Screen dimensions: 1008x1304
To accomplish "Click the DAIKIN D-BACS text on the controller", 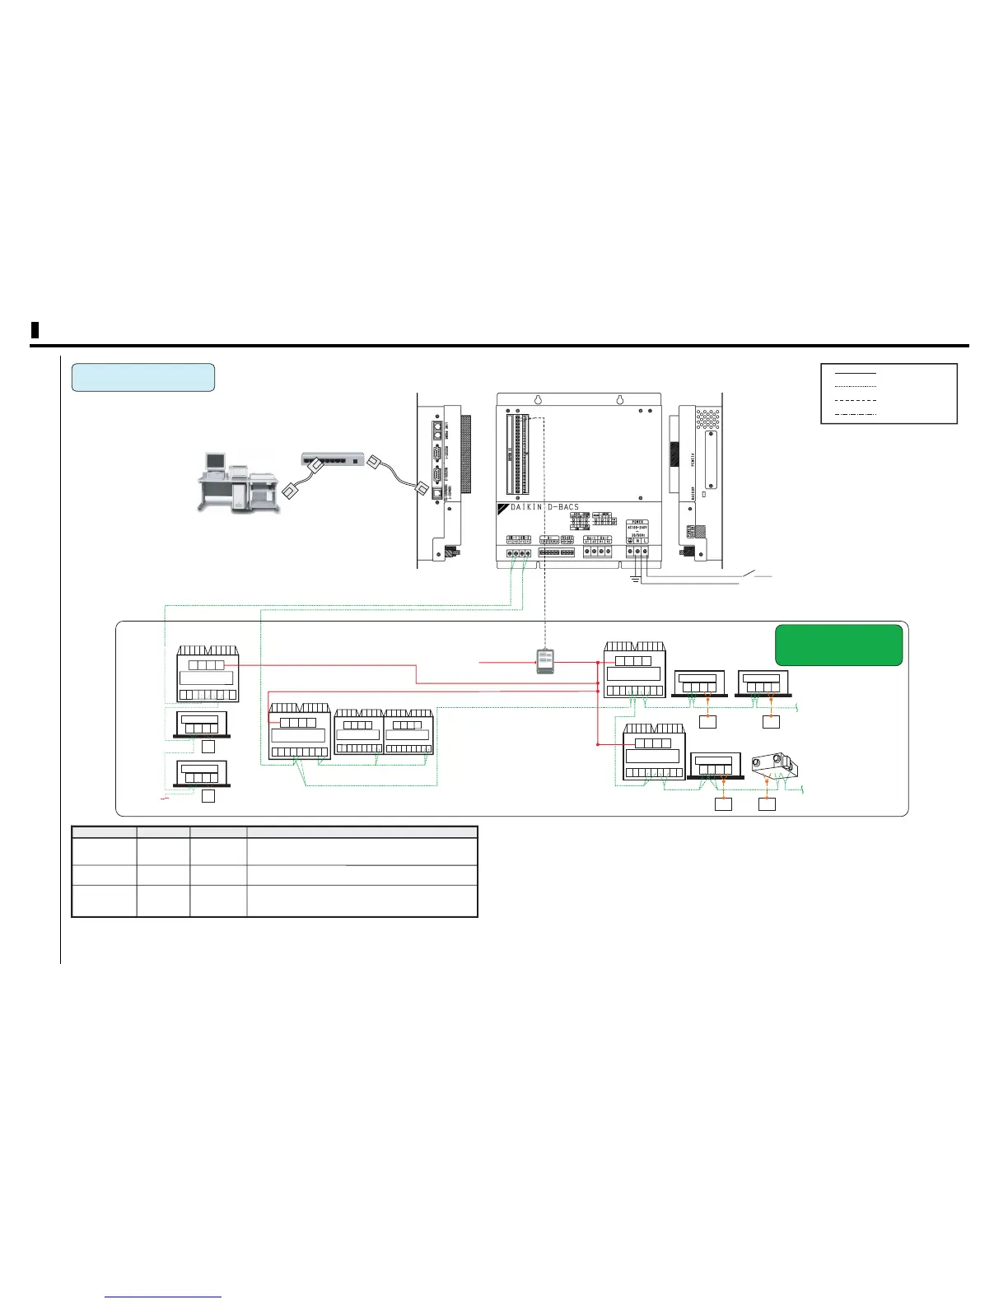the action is [544, 507].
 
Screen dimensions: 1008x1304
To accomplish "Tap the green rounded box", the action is [838, 645].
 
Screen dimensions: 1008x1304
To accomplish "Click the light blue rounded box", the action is [143, 377].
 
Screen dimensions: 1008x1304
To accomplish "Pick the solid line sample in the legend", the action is [856, 373].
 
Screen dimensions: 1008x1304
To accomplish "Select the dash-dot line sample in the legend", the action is [856, 412].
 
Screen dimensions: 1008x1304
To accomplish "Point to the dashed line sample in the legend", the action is [856, 399].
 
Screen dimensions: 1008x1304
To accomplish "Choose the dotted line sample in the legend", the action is [856, 386].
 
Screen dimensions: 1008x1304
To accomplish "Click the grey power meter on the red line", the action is [545, 661].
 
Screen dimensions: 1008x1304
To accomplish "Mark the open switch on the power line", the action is [754, 574].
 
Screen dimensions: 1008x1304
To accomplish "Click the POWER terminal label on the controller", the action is [637, 522].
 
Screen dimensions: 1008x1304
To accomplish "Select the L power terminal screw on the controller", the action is [645, 550].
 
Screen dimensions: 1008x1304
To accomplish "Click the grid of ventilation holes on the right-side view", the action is [707, 420].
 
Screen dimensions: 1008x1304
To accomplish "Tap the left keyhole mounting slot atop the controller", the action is [539, 403].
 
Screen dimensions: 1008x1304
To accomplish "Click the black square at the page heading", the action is [35, 331].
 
